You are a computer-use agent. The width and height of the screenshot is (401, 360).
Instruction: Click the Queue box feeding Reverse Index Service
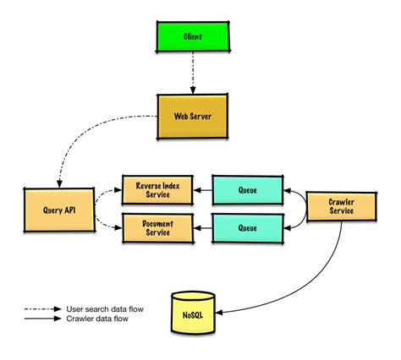pos(247,190)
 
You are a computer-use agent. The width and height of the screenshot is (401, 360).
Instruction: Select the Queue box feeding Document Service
pos(247,226)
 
